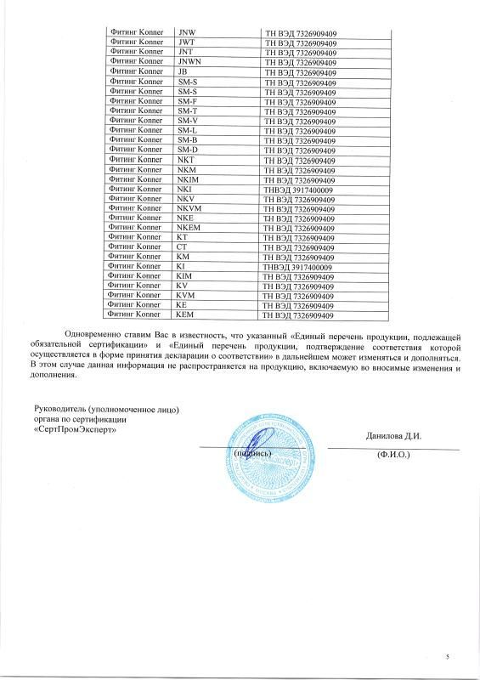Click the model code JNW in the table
pos(186,31)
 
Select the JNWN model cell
pos(189,62)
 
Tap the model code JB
pos(184,72)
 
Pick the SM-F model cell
pos(188,101)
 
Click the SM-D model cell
pos(188,150)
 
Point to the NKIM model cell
pos(190,179)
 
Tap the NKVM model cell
pos(191,208)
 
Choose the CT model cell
pos(183,247)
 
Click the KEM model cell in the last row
pos(186,315)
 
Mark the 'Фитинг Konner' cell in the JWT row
pos(136,42)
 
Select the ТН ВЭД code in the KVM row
pos(299,296)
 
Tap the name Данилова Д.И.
pos(393,436)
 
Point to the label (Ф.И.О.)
pos(393,455)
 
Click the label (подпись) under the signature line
pos(252,454)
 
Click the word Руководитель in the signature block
pos(62,411)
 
